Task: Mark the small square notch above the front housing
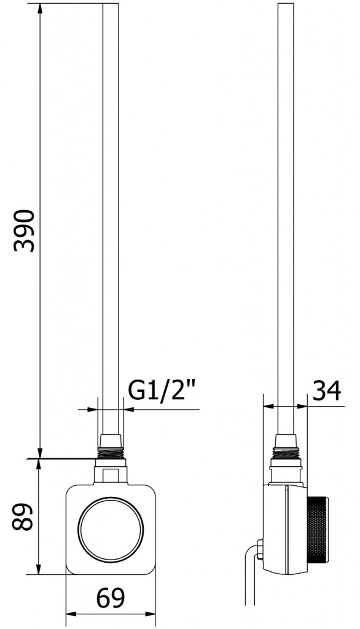click(111, 475)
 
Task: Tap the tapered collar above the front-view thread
click(111, 440)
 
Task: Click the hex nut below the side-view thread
click(286, 472)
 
